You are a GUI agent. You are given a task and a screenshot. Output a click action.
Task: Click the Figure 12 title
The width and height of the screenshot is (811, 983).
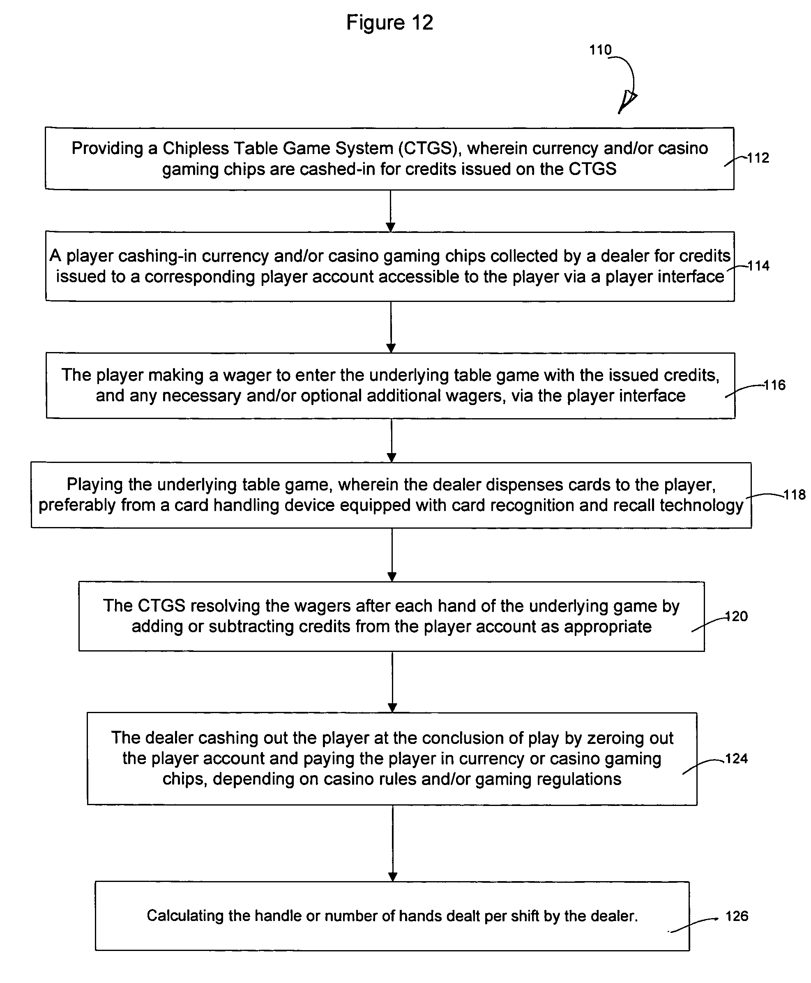click(x=389, y=23)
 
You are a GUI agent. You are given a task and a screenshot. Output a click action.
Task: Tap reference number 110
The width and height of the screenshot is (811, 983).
click(x=600, y=50)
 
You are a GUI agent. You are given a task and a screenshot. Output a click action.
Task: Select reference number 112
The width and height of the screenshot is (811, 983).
click(x=758, y=158)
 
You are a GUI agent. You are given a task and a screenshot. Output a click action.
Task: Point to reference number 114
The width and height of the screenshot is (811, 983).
click(x=758, y=266)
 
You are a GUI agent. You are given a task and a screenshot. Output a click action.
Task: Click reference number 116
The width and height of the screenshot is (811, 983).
click(x=774, y=385)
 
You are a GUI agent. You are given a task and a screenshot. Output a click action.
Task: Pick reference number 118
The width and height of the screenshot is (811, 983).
click(x=795, y=495)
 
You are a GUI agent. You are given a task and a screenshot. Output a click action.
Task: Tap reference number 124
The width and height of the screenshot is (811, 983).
click(x=737, y=758)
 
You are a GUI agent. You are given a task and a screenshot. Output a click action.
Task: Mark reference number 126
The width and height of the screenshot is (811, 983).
click(x=737, y=916)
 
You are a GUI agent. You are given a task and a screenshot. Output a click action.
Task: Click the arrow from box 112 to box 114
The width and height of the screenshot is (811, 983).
click(x=391, y=211)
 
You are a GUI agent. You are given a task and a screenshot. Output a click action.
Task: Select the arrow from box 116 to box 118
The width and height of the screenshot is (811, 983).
click(x=392, y=440)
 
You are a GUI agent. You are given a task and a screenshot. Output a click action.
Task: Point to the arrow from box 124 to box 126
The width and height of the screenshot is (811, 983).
click(x=393, y=843)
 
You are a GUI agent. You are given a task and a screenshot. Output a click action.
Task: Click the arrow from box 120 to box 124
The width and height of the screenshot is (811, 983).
click(x=392, y=682)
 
